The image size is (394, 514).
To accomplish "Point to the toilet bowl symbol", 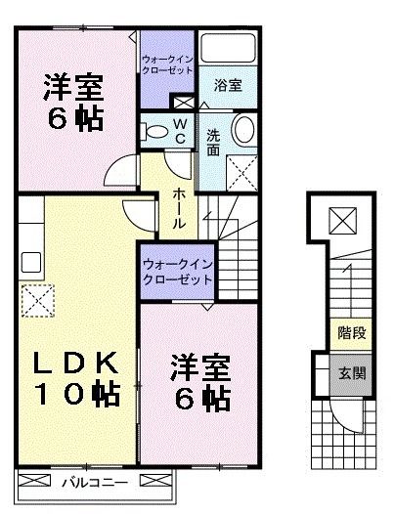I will pyautogui.click(x=153, y=132).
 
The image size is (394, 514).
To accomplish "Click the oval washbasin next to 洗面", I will pyautogui.click(x=244, y=129).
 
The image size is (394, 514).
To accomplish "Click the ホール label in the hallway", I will pyautogui.click(x=180, y=209).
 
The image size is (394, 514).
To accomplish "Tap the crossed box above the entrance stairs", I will pyautogui.click(x=343, y=221).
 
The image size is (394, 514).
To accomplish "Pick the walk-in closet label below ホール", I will pyautogui.click(x=176, y=272).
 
